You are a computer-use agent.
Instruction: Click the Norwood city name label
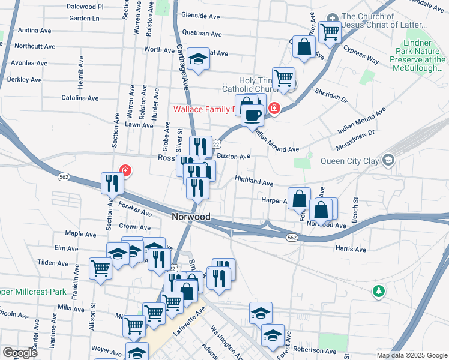pyautogui.click(x=191, y=217)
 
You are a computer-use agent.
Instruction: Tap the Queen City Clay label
pyautogui.click(x=351, y=160)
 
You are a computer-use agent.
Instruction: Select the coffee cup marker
pyautogui.click(x=253, y=114)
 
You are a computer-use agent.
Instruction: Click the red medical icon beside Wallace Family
pyautogui.click(x=274, y=109)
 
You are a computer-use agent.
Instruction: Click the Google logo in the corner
pyautogui.click(x=20, y=353)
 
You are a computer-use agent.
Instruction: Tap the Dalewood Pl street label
pyautogui.click(x=85, y=6)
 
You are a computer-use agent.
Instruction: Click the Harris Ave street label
pyautogui.click(x=351, y=249)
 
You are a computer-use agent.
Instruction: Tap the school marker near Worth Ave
pyautogui.click(x=198, y=59)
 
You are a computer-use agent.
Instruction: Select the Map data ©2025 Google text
pyautogui.click(x=411, y=355)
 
